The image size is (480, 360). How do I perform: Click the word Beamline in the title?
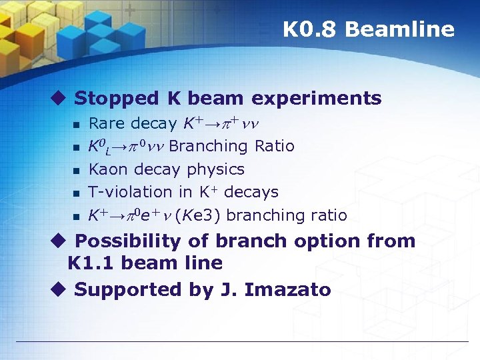coord(400,30)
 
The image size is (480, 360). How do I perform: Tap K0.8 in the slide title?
coord(311,30)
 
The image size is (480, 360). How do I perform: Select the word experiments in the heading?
coord(317,99)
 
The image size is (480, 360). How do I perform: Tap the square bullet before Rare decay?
coord(77,125)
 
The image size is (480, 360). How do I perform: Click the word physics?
coord(215,169)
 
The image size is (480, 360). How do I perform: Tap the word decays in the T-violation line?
coord(251,192)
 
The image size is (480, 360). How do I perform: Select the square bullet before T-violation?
coord(77,193)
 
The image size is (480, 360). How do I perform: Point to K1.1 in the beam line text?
coord(91,263)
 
